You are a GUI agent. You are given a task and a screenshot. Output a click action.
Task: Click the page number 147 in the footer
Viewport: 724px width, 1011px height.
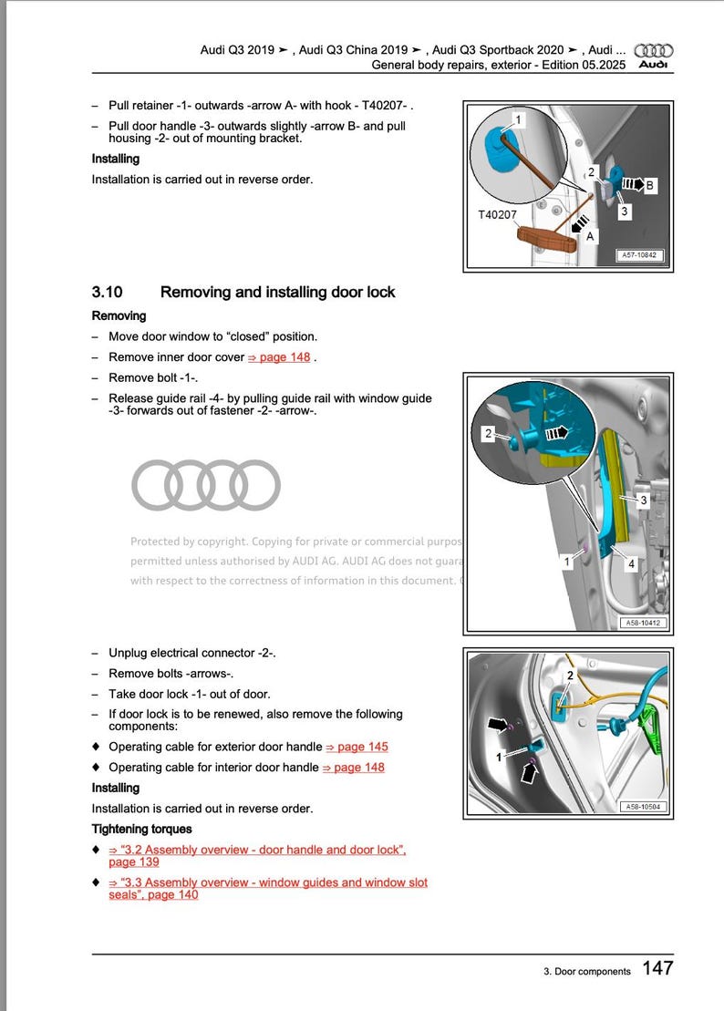657,968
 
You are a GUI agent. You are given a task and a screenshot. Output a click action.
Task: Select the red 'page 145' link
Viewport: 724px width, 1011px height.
357,747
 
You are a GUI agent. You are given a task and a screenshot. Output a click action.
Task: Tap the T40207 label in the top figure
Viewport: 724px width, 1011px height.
498,215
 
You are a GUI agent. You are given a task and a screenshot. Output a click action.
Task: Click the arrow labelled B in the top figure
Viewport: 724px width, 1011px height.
630,185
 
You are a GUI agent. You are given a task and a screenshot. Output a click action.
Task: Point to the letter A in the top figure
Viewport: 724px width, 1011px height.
590,236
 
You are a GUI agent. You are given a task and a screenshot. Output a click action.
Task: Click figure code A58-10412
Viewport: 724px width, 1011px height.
644,623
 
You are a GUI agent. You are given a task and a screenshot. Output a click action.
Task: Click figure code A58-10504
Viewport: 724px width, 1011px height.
644,806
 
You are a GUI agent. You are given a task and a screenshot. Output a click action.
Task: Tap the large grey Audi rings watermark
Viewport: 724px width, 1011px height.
205,484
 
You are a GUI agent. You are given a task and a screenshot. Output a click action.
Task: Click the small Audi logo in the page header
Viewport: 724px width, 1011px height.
653,57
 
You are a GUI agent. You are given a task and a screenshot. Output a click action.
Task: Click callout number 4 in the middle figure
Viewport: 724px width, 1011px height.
631,564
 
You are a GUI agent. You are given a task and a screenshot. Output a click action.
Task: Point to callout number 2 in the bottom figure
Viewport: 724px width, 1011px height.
570,676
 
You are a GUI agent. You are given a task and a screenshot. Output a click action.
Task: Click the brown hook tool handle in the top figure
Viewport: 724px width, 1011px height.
547,239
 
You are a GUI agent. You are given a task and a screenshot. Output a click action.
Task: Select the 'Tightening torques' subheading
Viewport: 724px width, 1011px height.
141,829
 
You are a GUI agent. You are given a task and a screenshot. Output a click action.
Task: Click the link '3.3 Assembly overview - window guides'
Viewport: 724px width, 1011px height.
267,882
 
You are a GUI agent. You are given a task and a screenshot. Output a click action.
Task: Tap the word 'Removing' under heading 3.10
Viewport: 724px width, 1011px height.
119,315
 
